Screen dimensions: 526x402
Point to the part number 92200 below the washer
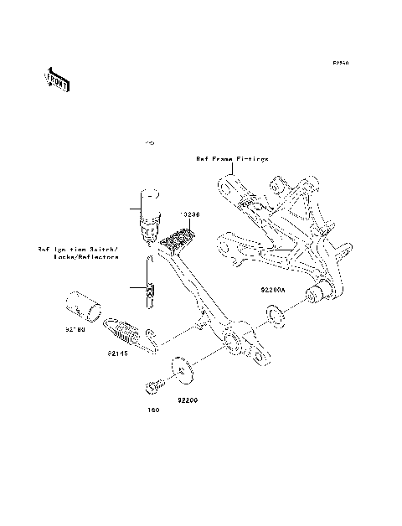(188, 400)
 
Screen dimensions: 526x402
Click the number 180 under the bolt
(153, 411)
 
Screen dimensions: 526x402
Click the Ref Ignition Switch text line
(79, 249)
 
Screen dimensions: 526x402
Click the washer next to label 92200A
(272, 316)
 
